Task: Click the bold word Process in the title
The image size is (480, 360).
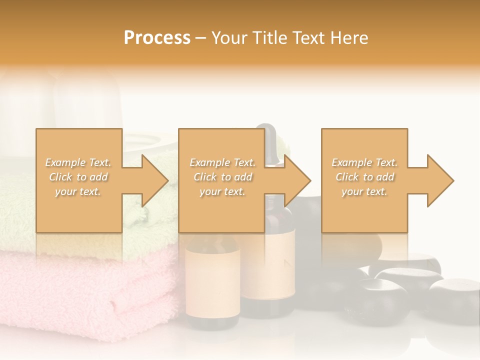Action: (157, 38)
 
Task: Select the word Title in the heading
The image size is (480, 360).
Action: (269, 38)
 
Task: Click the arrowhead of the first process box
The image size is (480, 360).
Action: (155, 180)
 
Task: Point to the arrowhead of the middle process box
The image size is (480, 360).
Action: (298, 180)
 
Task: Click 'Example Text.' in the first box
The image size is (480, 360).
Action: (78, 162)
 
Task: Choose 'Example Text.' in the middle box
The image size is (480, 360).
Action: (222, 162)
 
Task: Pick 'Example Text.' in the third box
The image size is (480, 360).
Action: (364, 162)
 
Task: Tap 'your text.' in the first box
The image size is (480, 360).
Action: (78, 191)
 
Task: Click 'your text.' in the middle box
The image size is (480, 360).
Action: (222, 191)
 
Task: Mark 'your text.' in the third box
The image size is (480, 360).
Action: (364, 191)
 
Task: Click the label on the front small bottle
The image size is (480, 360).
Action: (212, 282)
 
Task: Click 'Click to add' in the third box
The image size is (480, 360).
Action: (364, 177)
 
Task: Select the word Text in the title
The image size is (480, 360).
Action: (308, 38)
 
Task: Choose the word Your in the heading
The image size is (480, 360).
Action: (228, 38)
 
